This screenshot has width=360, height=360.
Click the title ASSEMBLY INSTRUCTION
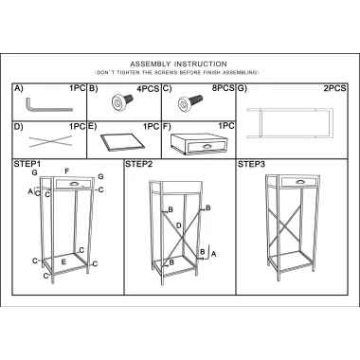pos(178,64)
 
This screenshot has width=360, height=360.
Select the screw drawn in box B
pos(122,101)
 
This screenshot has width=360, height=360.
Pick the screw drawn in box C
pos(189,101)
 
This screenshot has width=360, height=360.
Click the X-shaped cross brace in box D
pos(50,141)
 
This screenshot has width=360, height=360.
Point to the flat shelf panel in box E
pos(122,142)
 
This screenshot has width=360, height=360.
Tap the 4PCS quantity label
pos(148,89)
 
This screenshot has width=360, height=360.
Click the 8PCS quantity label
pos(224,88)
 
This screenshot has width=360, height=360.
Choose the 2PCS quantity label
pos(335,88)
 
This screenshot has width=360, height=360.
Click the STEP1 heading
pos(27,164)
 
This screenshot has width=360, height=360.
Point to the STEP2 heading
pos(139,164)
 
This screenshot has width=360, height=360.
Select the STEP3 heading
pos(251,164)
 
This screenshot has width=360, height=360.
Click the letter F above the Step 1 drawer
pos(66,171)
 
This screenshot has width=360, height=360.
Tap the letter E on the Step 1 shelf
pos(63,261)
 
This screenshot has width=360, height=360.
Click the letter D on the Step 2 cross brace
pos(179,225)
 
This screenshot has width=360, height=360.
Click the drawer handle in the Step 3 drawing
pos(298,182)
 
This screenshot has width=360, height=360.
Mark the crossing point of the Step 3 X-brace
pos(283,225)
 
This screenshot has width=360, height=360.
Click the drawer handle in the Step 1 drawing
pos(73,184)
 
